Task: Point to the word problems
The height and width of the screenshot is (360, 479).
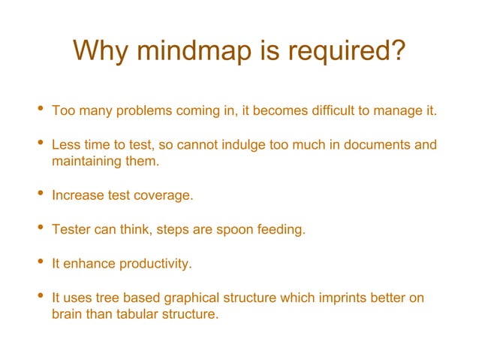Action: [x=145, y=111]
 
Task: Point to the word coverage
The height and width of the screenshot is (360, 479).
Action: [x=163, y=195]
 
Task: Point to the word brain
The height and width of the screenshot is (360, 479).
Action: [x=68, y=314]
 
